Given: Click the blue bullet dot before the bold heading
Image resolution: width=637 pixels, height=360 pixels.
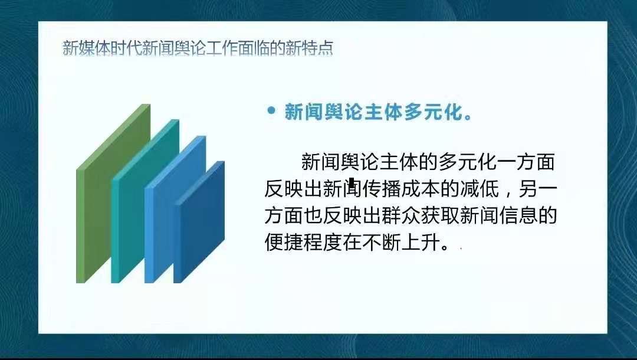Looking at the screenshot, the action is tap(271, 110).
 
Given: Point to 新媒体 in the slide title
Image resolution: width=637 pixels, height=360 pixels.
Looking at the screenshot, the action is tap(83, 48).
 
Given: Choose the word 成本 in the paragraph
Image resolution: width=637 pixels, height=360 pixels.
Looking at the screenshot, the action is tap(421, 188).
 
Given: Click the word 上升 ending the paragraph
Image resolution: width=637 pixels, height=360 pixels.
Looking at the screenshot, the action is tap(421, 243).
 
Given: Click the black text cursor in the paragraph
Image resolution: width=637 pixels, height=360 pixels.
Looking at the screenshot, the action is tap(352, 184).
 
